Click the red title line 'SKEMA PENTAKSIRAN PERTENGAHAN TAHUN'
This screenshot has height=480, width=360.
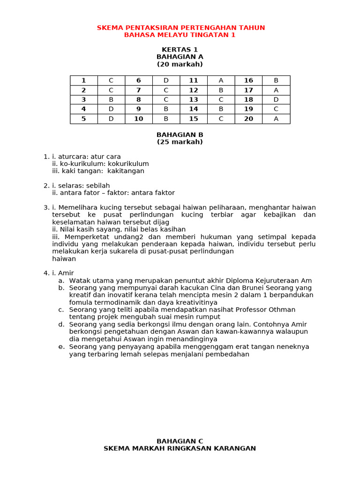[x=180, y=28]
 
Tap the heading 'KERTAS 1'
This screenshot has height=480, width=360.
[x=180, y=50]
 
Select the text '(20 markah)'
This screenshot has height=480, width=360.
[x=180, y=64]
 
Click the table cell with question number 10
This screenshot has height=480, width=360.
[x=138, y=119]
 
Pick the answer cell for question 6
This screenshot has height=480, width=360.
[x=166, y=81]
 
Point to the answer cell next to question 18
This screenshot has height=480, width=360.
[x=276, y=100]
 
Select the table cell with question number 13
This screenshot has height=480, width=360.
[x=194, y=100]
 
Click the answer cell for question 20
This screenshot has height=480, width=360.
[x=276, y=119]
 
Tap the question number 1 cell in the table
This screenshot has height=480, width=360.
[x=83, y=81]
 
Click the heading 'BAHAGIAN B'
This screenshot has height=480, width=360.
[x=180, y=135]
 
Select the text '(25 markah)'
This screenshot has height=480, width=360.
[x=180, y=142]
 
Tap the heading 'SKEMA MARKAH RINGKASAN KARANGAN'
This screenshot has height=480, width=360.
[x=180, y=449]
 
